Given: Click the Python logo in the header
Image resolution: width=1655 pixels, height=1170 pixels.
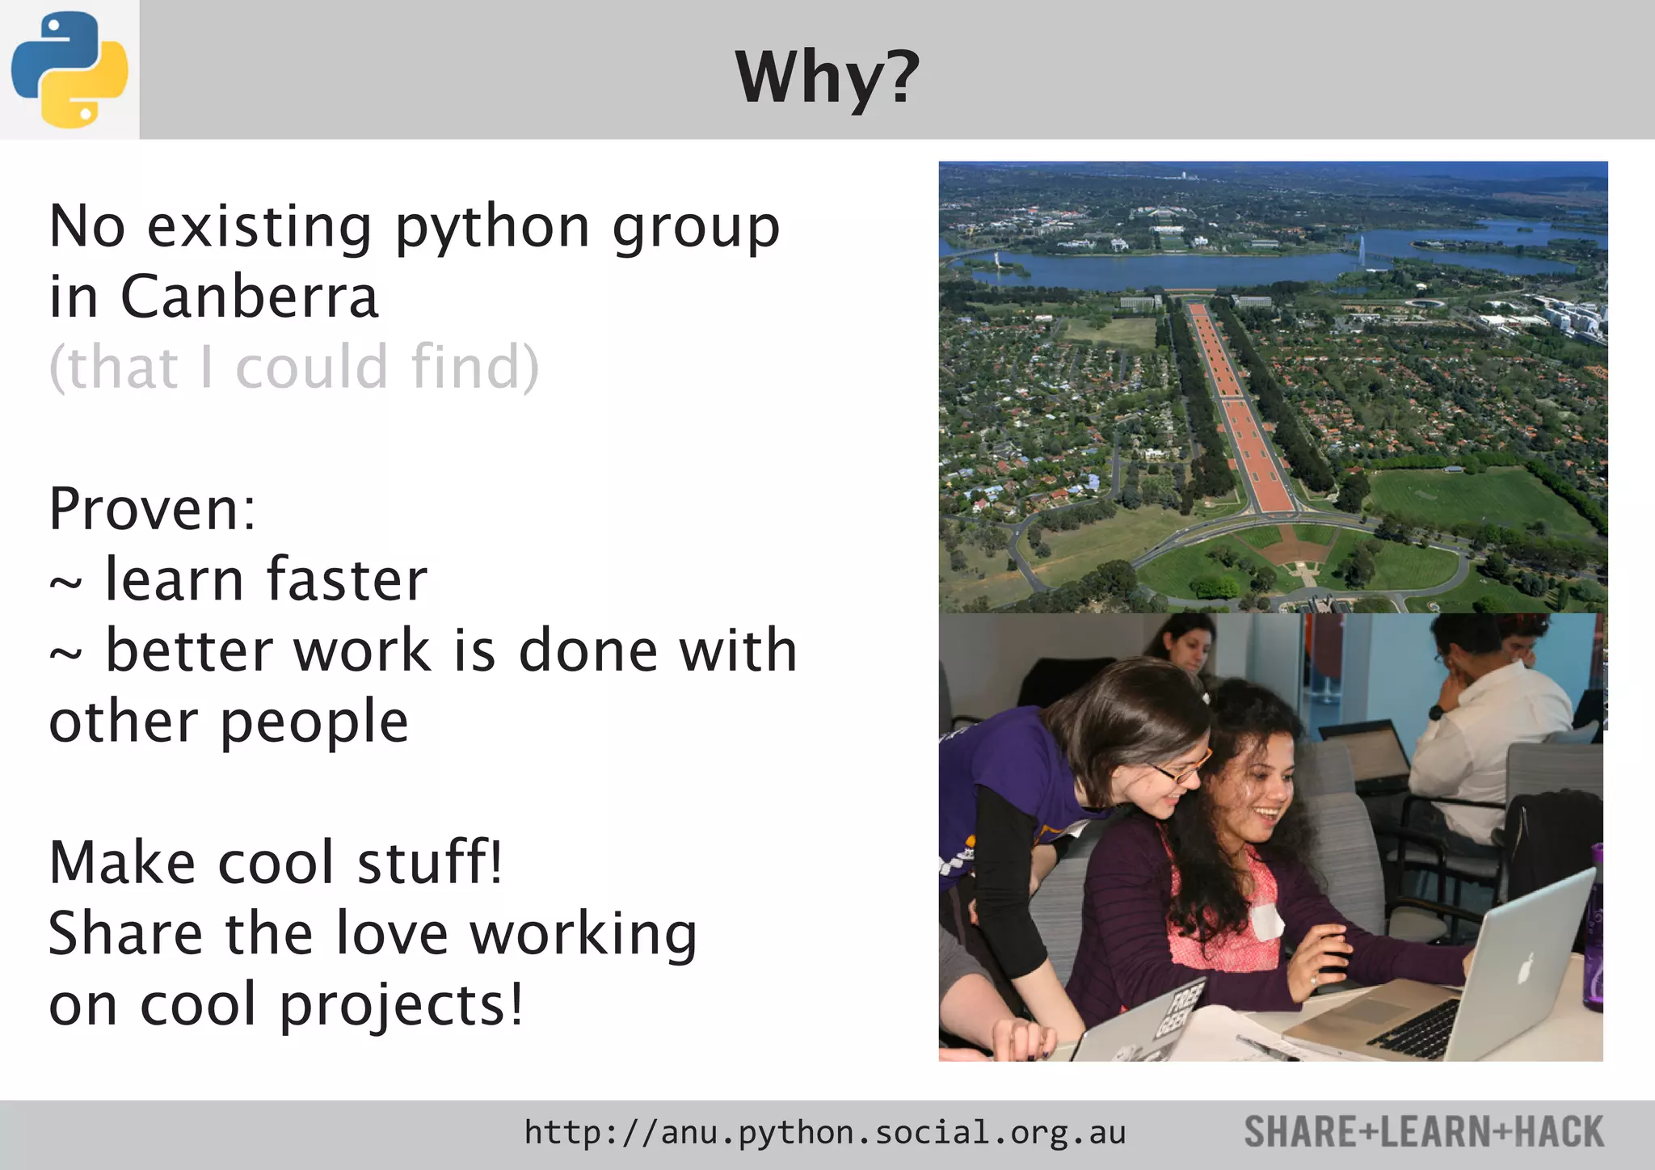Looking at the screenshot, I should [x=69, y=69].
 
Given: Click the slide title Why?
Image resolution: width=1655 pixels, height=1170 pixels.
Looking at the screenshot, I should [x=827, y=78].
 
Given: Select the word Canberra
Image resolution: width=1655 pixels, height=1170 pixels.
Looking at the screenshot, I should [x=250, y=297].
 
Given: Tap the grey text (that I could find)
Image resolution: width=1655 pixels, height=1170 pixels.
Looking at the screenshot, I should [x=293, y=368].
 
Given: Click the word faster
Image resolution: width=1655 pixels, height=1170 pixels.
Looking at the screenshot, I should [x=347, y=579].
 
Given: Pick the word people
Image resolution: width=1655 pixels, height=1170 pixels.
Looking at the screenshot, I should [x=314, y=723].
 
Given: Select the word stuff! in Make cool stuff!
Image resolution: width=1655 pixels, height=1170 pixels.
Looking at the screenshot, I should [x=430, y=862].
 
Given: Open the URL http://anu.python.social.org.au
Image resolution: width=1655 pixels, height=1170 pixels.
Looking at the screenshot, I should [x=824, y=1133].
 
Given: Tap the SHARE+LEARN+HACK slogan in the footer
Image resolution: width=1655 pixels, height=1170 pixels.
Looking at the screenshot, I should [x=1423, y=1132].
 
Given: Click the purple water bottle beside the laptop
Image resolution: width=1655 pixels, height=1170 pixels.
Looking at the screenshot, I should [x=1594, y=929].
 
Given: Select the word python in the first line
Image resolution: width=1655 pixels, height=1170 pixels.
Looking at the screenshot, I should [x=492, y=228].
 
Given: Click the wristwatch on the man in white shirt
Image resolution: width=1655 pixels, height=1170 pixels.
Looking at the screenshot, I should [x=1436, y=712].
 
